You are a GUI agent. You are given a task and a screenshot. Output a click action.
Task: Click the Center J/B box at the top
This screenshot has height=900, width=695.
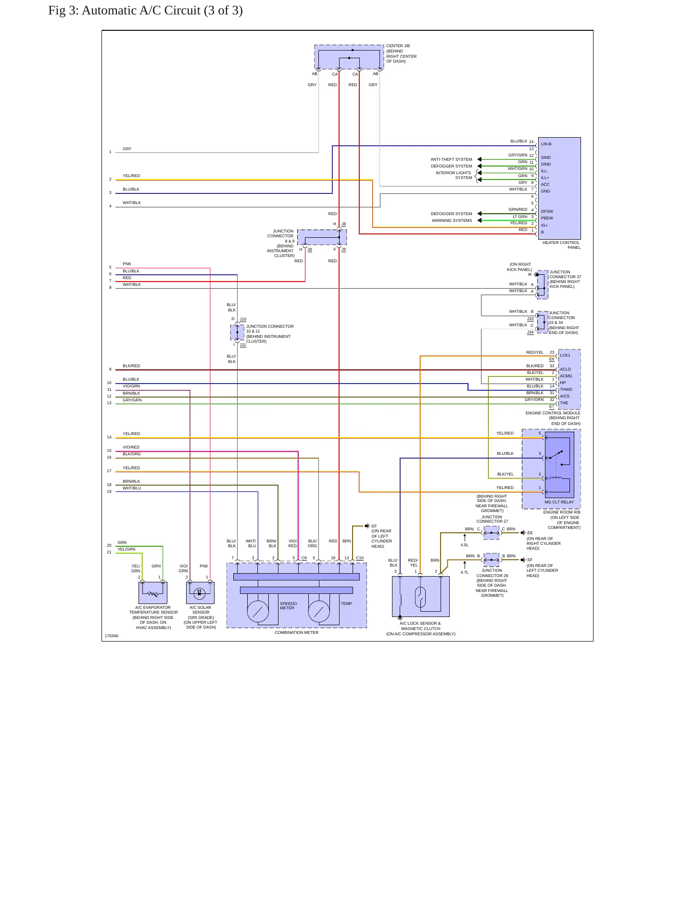(349, 57)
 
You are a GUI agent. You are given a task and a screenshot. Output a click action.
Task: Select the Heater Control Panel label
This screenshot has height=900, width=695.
(561, 245)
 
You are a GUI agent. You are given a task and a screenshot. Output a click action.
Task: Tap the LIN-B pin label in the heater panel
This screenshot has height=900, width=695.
(546, 144)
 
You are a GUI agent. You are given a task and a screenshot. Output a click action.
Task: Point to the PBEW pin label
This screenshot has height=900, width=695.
(547, 218)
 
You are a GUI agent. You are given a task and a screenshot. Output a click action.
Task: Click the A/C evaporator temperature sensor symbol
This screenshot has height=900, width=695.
(153, 593)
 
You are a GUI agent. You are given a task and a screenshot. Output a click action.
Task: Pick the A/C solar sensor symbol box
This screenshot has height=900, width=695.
(200, 593)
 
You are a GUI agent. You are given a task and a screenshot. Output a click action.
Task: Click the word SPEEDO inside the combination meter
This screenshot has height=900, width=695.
(289, 604)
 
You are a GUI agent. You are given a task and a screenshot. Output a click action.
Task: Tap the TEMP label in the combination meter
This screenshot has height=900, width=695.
(346, 604)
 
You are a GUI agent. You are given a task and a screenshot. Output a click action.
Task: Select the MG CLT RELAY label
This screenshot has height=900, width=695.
(559, 502)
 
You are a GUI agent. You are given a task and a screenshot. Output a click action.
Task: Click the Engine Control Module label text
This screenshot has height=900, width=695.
(553, 413)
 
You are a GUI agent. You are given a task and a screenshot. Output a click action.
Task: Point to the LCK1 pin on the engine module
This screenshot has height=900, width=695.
(565, 355)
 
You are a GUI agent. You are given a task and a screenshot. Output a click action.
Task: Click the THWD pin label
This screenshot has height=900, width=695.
(566, 389)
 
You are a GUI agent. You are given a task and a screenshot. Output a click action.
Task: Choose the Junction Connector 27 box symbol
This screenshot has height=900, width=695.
(492, 533)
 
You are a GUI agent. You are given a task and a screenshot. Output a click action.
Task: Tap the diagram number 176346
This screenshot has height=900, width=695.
(112, 636)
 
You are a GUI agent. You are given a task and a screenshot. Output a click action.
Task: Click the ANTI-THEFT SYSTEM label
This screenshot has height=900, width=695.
(451, 159)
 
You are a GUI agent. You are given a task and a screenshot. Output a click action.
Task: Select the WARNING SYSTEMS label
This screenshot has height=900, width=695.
(452, 220)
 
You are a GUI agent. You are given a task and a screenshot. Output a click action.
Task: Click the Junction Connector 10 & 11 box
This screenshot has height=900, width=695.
(237, 333)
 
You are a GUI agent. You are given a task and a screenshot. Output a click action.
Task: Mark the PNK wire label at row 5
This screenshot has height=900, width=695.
(127, 264)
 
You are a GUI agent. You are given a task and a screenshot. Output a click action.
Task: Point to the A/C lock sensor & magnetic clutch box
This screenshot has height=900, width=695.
(421, 597)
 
